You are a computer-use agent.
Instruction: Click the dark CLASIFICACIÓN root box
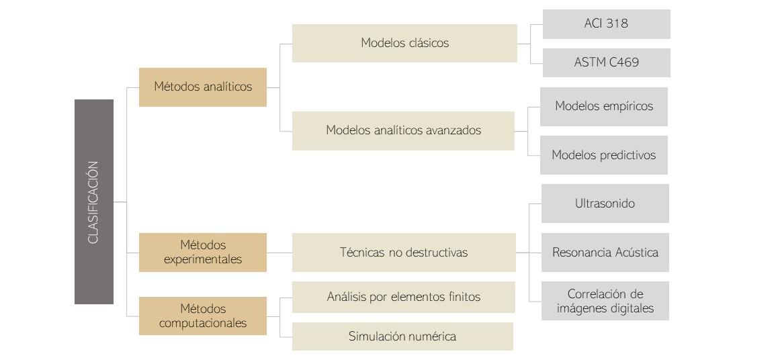point(94,201)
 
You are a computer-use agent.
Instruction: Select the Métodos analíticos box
point(202,87)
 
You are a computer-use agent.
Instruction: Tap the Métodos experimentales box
point(202,252)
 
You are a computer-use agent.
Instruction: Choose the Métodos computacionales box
point(202,316)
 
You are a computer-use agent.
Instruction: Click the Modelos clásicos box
point(404,43)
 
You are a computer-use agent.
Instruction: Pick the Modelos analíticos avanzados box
point(403,130)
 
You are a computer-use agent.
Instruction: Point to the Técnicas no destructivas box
point(403,253)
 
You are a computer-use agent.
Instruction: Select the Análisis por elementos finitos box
point(403,296)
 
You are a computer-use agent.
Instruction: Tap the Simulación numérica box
point(402,336)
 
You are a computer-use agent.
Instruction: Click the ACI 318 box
point(606,24)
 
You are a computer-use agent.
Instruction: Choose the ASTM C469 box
point(606,62)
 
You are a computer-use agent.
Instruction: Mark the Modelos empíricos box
point(603,106)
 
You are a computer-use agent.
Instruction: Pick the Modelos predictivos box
point(603,155)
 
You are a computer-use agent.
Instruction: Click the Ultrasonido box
point(605,204)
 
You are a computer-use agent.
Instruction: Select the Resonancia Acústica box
point(605,253)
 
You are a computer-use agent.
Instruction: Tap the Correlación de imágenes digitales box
point(605,302)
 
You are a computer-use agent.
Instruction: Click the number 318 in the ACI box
point(616,24)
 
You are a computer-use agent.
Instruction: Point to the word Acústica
point(636,253)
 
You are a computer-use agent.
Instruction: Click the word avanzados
point(453,130)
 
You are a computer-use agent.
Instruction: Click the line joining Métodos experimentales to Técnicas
point(279,253)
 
